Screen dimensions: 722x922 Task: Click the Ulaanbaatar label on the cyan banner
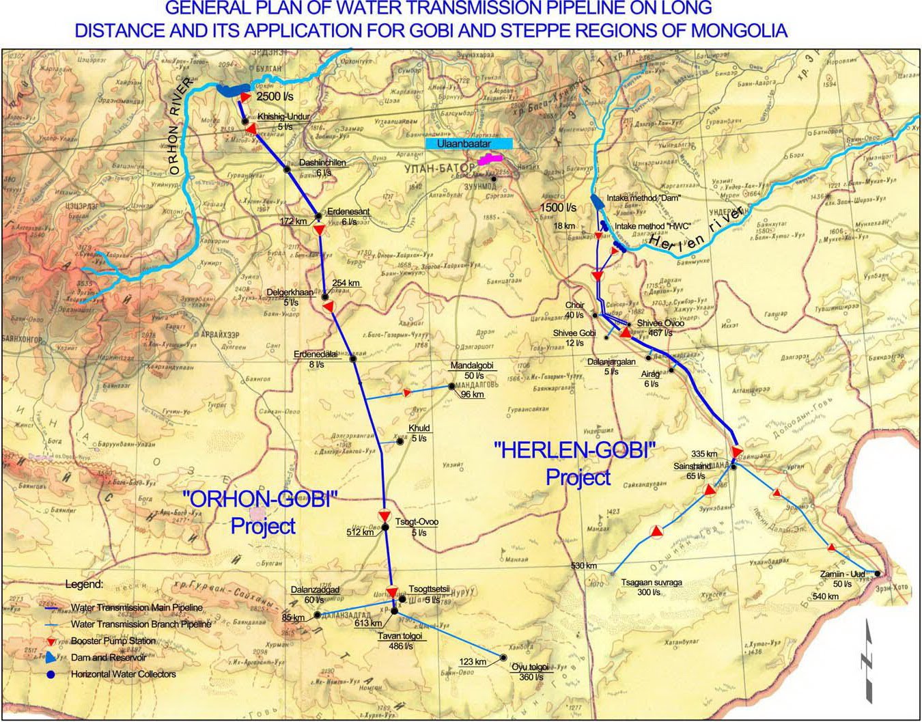[468, 144]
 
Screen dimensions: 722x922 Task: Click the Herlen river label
[696, 229]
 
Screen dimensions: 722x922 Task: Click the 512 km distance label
[360, 532]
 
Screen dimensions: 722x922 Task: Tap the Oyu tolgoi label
[530, 668]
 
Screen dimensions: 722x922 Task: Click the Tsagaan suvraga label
[651, 583]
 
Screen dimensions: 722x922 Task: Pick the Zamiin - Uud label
[842, 574]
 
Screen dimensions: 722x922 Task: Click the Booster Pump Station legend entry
[113, 641]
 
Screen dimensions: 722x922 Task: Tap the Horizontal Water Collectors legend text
[123, 674]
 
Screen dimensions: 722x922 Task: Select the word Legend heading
[85, 585]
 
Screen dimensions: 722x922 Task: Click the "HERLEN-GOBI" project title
[574, 451]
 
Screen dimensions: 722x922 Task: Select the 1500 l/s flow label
[558, 208]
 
